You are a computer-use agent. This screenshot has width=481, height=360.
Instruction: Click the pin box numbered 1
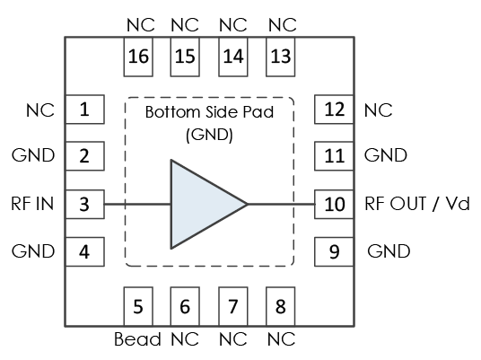click(85, 110)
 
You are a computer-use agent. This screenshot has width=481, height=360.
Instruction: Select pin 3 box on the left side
click(85, 205)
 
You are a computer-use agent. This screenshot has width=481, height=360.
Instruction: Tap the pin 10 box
click(334, 205)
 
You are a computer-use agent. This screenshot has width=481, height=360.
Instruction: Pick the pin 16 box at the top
click(138, 57)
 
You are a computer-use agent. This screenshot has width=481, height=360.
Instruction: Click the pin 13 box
click(280, 57)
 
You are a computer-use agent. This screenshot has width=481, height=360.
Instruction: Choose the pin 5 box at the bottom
click(138, 306)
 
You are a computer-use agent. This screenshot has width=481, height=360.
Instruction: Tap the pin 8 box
click(280, 306)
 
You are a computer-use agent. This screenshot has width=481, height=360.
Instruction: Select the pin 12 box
click(334, 110)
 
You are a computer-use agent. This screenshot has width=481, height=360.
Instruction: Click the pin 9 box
click(334, 251)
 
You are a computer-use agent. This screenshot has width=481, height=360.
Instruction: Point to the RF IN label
click(32, 204)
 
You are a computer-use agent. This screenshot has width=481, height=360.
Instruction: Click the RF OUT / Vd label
click(417, 204)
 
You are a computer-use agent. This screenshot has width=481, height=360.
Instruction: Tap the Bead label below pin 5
click(137, 339)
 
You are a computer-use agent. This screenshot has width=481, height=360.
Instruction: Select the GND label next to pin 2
click(33, 155)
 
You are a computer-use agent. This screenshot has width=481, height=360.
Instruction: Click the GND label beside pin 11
click(386, 155)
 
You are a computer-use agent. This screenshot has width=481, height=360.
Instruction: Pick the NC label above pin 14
click(233, 25)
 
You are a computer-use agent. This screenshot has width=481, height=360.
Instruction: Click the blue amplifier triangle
click(203, 204)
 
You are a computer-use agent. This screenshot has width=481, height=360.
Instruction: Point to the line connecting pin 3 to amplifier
click(137, 204)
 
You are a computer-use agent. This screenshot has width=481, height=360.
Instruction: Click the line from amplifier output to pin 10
click(281, 204)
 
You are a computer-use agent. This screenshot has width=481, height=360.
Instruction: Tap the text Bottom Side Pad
click(209, 112)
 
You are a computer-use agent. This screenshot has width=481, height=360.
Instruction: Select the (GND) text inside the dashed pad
click(209, 135)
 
